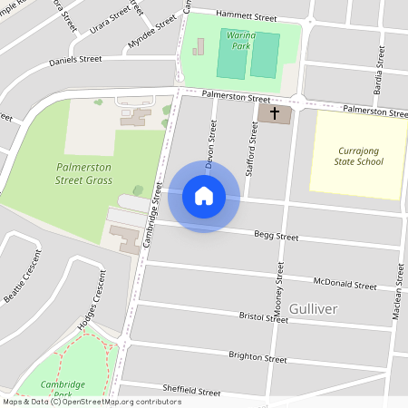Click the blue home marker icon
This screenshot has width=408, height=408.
tap(204, 196)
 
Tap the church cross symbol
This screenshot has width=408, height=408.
tap(275, 113)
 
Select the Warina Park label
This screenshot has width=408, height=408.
tap(239, 40)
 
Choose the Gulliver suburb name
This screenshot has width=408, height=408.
tap(313, 309)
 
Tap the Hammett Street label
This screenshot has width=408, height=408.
tap(246, 15)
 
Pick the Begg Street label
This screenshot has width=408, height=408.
tap(276, 237)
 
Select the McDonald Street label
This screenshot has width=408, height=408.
tap(344, 284)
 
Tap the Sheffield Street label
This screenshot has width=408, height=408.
tap(191, 392)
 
